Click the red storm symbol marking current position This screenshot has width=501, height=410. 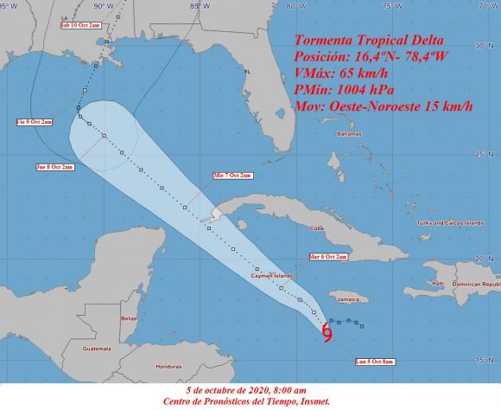coord(327,332)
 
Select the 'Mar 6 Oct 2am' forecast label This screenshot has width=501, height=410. coord(327,257)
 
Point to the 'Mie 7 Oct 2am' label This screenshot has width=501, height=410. coord(233,176)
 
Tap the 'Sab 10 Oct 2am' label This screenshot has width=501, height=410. coord(79,27)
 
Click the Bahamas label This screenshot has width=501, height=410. coord(349,135)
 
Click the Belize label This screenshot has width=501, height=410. coord(130,318)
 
